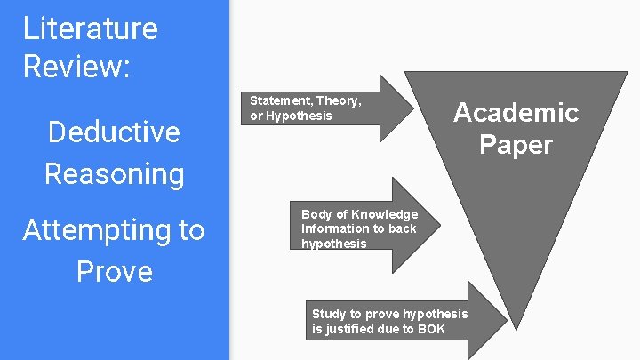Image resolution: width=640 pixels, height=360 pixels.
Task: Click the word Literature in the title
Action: click(90, 28)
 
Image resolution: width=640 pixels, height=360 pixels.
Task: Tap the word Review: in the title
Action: click(76, 67)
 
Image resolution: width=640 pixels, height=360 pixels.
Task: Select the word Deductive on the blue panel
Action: click(114, 132)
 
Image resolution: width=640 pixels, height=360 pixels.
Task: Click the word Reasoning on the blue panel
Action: click(114, 173)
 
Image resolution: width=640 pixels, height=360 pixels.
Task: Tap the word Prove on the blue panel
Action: click(114, 271)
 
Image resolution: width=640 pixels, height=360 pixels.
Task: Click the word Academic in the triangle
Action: click(516, 112)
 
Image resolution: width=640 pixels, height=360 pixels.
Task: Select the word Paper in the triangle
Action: click(516, 144)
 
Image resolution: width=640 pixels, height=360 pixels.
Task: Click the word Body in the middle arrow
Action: click(316, 214)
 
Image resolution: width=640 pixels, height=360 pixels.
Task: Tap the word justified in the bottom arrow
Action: click(349, 329)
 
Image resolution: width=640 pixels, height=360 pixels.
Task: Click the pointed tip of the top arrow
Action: click(414, 108)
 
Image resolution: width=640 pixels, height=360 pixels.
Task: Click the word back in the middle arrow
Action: click(402, 228)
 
